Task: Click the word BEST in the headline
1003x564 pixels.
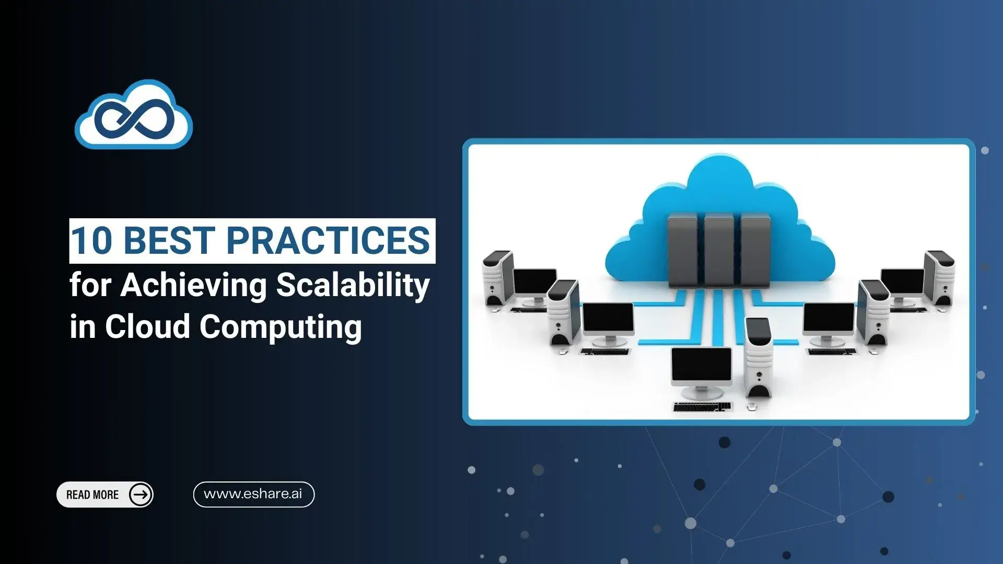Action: click(x=169, y=241)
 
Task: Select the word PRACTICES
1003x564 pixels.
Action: click(x=328, y=241)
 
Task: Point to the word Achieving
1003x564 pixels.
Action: click(x=193, y=286)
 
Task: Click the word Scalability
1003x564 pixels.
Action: click(x=353, y=286)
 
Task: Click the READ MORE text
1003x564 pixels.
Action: click(x=92, y=495)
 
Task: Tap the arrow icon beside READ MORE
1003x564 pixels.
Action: click(x=141, y=495)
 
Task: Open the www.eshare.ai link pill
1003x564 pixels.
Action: click(x=254, y=494)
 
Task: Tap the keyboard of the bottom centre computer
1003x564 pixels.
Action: click(x=702, y=406)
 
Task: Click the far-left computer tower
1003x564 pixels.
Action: click(x=499, y=278)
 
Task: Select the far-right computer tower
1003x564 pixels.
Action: click(x=939, y=278)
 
